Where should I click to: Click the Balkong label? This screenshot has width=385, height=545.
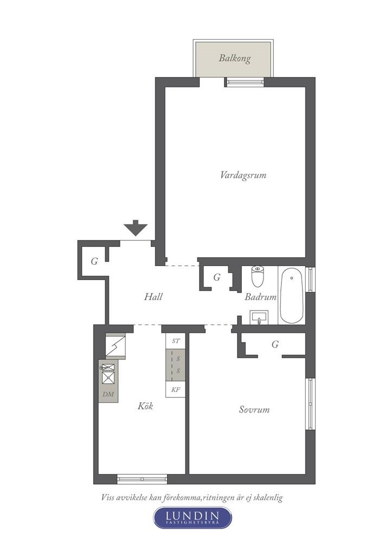pos(235,58)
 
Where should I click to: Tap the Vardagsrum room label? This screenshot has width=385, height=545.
pos(243,175)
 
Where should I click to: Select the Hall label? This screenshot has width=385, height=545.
pos(153,297)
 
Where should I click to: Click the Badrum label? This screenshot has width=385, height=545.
pos(260,297)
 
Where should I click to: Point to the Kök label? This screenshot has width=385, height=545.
pos(145,405)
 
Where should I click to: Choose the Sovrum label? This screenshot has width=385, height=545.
pos(254,409)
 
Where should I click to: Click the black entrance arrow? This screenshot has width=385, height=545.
pos(136,227)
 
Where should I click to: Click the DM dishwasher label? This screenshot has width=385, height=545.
pos(108,394)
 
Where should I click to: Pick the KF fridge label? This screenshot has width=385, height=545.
pos(176,390)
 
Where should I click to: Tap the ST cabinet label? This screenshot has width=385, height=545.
pos(176,341)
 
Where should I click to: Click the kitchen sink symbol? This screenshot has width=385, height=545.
pos(109,373)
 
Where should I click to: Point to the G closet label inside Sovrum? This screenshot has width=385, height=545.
pos(275,344)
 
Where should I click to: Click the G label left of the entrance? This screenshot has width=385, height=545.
pos(94,262)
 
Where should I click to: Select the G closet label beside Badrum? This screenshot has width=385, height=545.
pos(217,277)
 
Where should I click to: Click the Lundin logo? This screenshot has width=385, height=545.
pos(193,517)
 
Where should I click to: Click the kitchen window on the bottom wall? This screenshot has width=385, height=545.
pos(143,478)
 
